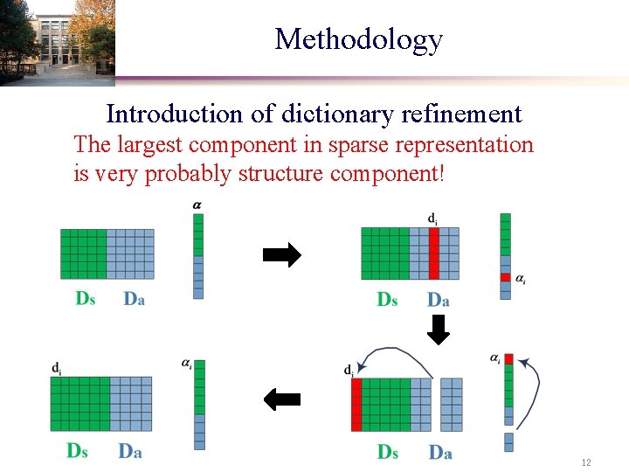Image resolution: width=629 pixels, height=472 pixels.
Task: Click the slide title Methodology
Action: pos(358,39)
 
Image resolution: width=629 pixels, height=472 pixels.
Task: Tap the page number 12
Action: pos(586,462)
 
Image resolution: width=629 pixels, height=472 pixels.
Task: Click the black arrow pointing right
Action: pos(281,255)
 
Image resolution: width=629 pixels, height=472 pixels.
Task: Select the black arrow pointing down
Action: pos(439,329)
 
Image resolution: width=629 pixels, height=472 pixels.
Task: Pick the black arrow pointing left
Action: pos(281,400)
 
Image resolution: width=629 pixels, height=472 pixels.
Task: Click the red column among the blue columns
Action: pos(433,253)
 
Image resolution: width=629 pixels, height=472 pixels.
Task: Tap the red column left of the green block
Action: pos(356,405)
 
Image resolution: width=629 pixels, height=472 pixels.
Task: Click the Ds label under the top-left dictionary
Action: pos(86,299)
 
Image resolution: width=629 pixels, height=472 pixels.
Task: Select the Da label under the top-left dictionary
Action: pos(134,299)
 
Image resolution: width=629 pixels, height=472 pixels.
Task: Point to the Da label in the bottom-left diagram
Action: pos(130,451)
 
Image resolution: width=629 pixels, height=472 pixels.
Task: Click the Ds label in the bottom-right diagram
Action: pos(388,452)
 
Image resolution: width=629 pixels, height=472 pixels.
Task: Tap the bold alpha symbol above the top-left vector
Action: pos(197,205)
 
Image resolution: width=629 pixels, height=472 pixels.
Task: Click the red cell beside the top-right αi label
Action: pos(505,278)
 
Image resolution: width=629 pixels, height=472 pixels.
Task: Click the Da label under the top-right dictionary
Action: pos(439,300)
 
